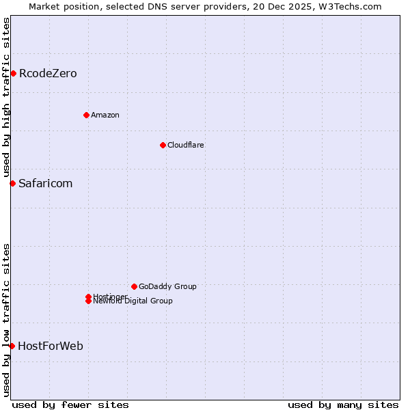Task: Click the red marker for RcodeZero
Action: (13, 73)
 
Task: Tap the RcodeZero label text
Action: (48, 74)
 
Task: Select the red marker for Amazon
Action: (86, 115)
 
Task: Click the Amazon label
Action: (105, 115)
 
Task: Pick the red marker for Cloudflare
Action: (163, 145)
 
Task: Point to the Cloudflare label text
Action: (186, 145)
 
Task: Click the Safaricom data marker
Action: (12, 183)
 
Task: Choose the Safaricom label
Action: (46, 184)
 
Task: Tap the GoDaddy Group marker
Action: (134, 286)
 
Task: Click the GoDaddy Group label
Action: (167, 286)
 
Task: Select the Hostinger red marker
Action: (88, 297)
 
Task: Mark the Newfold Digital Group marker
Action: (88, 301)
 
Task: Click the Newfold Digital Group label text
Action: (133, 301)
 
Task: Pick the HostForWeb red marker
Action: (12, 346)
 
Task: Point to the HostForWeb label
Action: (51, 346)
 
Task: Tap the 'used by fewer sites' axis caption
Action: (70, 405)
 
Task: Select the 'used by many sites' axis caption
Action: (343, 405)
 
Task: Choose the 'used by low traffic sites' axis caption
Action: (6, 319)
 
